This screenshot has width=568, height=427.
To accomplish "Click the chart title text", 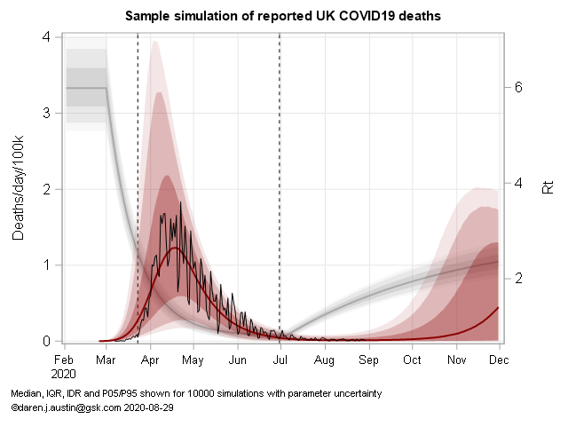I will click(x=283, y=16).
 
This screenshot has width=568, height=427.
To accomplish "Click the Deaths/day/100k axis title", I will click(x=19, y=187).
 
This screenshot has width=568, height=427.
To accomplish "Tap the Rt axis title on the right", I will click(x=548, y=187).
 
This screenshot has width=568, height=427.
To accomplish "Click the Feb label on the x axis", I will click(x=63, y=360).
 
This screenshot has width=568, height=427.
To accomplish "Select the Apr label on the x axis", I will click(x=150, y=360).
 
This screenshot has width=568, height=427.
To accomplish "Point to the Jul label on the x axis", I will click(x=280, y=360).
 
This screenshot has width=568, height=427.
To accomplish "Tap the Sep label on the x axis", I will click(x=369, y=360).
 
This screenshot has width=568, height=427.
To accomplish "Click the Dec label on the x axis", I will click(x=499, y=360).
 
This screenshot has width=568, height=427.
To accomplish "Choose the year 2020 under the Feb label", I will click(x=63, y=374).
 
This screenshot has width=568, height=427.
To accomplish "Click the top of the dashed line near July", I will click(x=280, y=35).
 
